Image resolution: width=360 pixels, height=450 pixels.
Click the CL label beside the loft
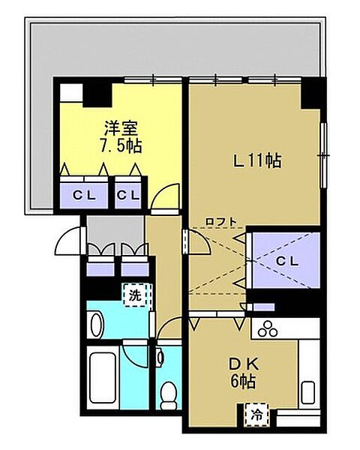click(287, 260)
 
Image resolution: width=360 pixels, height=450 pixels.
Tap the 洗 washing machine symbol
click(136, 295)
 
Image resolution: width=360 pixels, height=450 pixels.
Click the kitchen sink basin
click(307, 391)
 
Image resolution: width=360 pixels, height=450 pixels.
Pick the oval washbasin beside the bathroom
click(96, 324)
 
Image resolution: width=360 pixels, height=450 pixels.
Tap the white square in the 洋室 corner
click(71, 94)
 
